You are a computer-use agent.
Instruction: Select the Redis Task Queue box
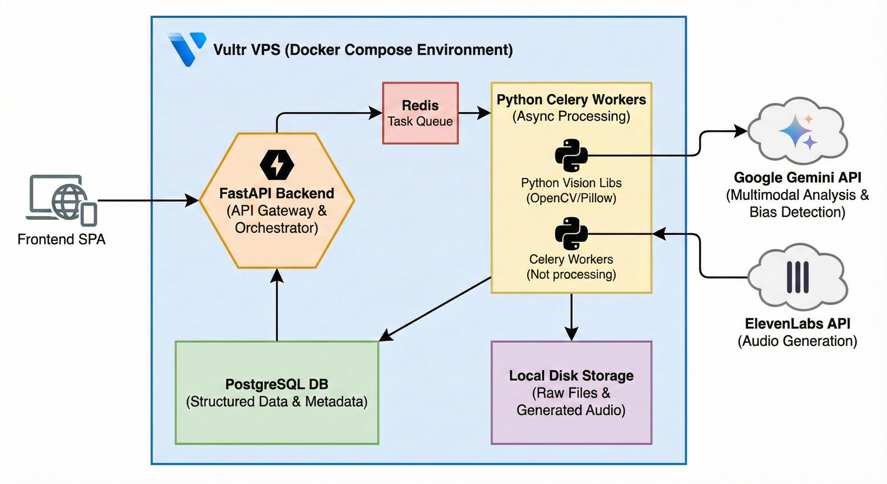click(420, 113)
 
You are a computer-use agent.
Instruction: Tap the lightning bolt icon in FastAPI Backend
click(277, 165)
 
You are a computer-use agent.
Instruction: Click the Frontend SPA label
click(61, 239)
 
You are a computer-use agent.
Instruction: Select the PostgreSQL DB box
click(277, 393)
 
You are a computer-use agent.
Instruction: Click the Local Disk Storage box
click(571, 393)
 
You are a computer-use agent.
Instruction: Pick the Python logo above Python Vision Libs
click(571, 155)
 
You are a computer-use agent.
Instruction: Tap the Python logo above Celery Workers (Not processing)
click(571, 233)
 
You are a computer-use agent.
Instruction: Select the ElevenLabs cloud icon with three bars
click(798, 277)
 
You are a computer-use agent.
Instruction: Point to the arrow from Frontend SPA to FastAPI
click(148, 200)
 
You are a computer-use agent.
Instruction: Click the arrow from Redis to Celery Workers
click(474, 112)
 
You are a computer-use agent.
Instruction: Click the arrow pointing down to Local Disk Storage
click(572, 317)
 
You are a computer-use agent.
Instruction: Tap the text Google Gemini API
click(798, 178)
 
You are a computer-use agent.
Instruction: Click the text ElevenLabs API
click(798, 324)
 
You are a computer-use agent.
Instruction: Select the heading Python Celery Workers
click(571, 100)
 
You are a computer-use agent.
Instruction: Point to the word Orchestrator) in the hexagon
click(277, 228)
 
